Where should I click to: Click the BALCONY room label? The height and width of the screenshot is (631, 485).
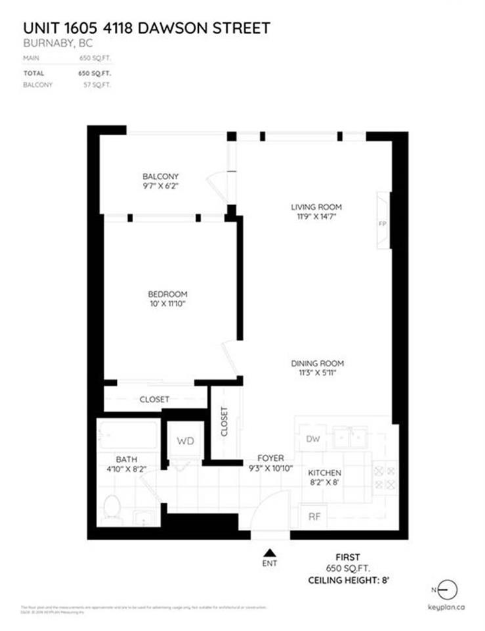pos(160,176)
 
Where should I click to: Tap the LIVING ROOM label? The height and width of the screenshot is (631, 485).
pos(316,207)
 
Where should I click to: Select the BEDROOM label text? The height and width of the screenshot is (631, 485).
pos(167,294)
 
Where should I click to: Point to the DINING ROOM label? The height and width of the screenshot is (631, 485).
pos(318,363)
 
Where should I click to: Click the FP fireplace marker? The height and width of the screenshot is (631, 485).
pos(382,223)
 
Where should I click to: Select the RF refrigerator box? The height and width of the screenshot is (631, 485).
pos(314,517)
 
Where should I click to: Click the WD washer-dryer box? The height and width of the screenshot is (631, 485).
pos(186,441)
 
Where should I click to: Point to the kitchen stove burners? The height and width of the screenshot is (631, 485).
pos(384,478)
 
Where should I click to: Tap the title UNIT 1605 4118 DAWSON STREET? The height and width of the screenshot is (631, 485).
pos(146,28)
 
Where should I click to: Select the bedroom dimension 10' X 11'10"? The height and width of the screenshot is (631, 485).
pos(167,304)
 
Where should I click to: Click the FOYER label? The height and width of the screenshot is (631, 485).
pos(270,457)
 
